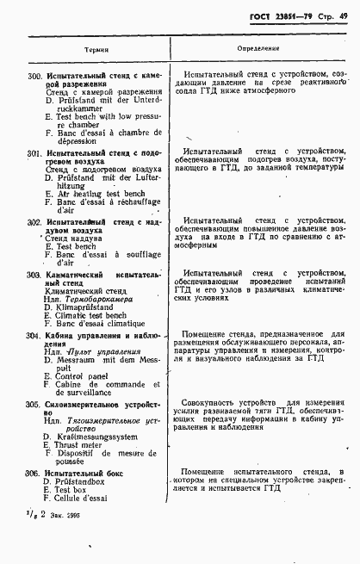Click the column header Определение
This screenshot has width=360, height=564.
pos(256,49)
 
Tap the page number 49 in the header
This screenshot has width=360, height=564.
pos(343,17)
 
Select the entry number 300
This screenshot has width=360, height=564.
pos(34,77)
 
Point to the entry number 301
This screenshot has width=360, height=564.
pos(34,152)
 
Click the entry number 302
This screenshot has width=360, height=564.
pos(34,222)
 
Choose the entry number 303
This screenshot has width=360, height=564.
pos(34,275)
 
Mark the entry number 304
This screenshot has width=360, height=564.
pos(34,332)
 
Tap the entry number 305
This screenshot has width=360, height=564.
pos(34,403)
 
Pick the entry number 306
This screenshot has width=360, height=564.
pos(34,473)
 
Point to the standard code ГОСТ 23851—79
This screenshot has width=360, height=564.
pos(277,17)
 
